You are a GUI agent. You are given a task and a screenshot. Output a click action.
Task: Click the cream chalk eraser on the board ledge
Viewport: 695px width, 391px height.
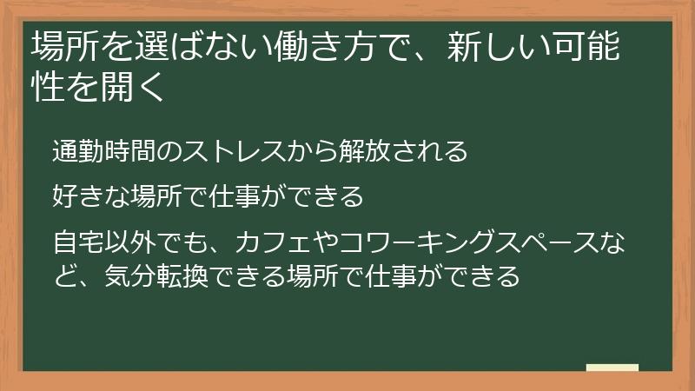(612, 368)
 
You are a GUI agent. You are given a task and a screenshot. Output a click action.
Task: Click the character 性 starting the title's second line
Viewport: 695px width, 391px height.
(45, 88)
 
